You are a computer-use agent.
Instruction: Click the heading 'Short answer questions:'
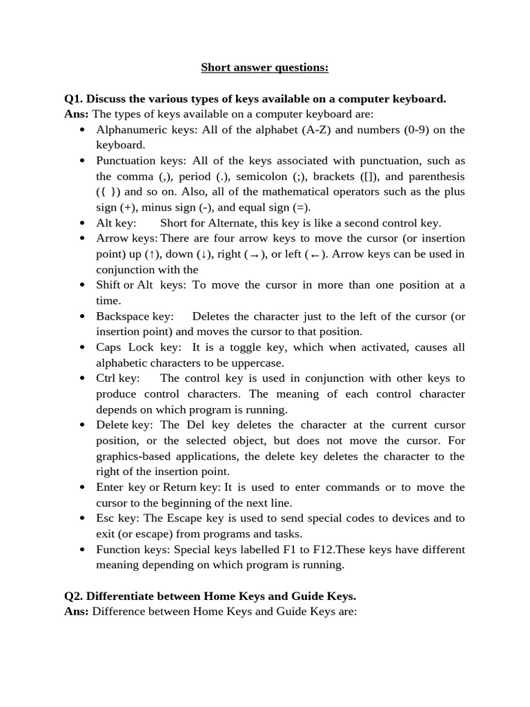point(264,67)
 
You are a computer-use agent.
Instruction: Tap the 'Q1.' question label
point(74,99)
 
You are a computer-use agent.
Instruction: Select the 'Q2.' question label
point(74,595)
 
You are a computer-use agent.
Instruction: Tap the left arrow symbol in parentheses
point(315,254)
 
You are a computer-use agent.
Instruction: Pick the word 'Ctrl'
point(106,378)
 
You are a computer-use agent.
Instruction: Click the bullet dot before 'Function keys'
point(82,550)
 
